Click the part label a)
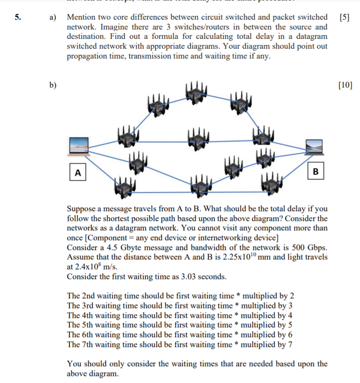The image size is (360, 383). click(x=53, y=17)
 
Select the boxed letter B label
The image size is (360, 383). click(x=315, y=171)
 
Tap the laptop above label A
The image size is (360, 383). click(x=78, y=146)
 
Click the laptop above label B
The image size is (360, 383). click(x=315, y=147)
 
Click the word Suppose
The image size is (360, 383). click(x=82, y=208)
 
